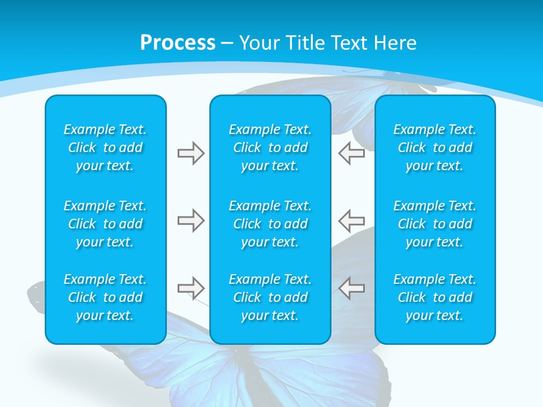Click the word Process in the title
click(x=178, y=43)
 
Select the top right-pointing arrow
click(x=191, y=153)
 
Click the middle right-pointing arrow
click(x=191, y=220)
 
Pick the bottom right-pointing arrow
click(x=191, y=288)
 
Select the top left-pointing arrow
click(x=352, y=153)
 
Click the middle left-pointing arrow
click(x=352, y=220)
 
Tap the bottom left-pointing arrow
click(x=352, y=288)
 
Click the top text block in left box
click(x=105, y=148)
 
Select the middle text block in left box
click(x=105, y=224)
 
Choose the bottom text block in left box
click(x=105, y=297)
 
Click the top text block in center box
click(x=270, y=148)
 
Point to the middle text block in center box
click(x=270, y=224)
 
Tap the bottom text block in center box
click(x=270, y=297)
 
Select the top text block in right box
click(x=435, y=148)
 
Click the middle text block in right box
click(x=435, y=224)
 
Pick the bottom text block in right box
click(x=435, y=297)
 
